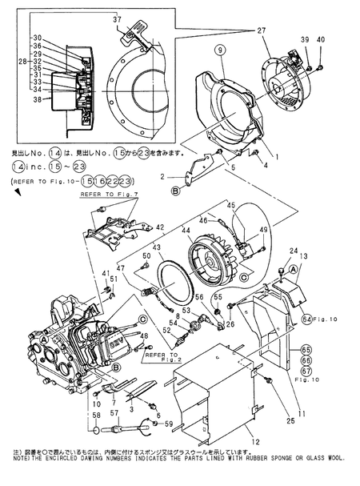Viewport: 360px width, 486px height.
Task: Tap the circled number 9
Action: (215, 50)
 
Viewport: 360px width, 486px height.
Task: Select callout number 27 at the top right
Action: (261, 30)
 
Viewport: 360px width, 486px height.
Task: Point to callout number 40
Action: (322, 39)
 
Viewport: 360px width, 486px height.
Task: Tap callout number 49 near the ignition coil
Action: (262, 231)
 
